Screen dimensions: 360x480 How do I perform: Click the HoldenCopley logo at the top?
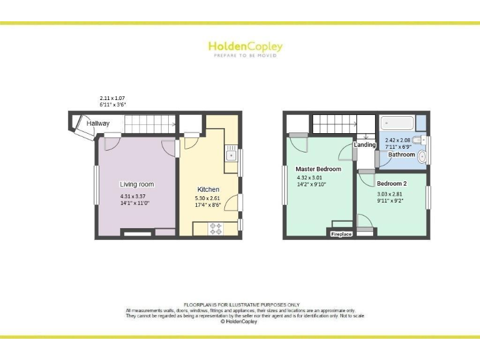pos(245,47)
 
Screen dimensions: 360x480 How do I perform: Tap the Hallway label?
pos(98,124)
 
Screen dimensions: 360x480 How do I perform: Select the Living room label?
pos(137,184)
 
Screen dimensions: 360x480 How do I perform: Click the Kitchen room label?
pos(208,189)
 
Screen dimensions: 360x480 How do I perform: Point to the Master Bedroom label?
pos(319,169)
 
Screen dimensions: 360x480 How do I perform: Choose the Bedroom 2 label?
pos(392,184)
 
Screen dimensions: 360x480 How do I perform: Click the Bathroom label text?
pos(401,154)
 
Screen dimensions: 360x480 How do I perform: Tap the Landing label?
pos(364,145)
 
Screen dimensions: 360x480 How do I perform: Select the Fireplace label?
pos(341,234)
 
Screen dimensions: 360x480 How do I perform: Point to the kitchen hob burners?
pos(216,228)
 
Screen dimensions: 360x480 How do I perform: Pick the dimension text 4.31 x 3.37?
pos(134,196)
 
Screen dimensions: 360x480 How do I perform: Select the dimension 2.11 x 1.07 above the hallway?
pos(113,99)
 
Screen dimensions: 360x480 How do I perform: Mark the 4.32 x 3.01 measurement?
pos(310,177)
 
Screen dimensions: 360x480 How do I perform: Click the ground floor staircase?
pos(149,124)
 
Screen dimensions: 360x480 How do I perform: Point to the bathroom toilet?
pos(419,139)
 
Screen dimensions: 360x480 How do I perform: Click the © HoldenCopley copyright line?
pos(240,321)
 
